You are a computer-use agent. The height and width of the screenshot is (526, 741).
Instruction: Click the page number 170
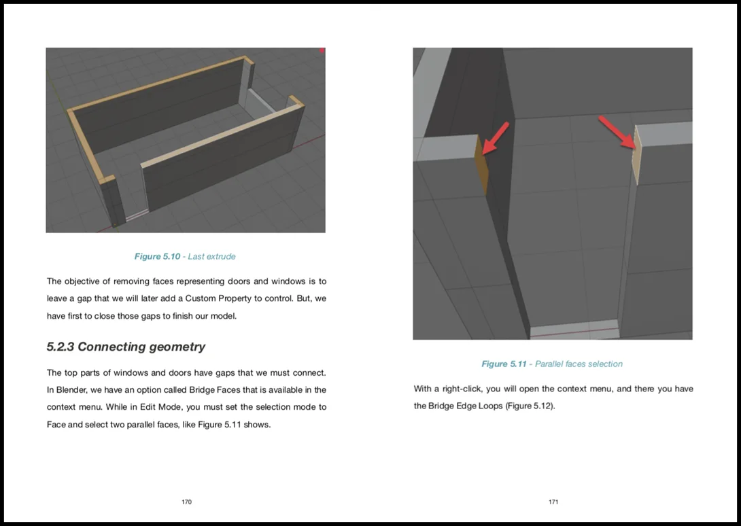pos(186,502)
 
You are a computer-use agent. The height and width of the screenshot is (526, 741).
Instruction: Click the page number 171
pos(553,502)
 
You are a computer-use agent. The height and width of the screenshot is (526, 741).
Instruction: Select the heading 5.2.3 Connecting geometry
pos(126,347)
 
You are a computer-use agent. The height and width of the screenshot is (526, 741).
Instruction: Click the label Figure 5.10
pos(157,256)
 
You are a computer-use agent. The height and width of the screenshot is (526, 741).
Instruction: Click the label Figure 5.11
pos(504,364)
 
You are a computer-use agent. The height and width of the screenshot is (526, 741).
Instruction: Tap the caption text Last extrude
pos(211,256)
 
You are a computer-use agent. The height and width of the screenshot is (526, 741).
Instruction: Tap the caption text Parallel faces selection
pos(579,364)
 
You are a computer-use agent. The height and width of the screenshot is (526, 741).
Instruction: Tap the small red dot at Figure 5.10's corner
pos(322,50)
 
